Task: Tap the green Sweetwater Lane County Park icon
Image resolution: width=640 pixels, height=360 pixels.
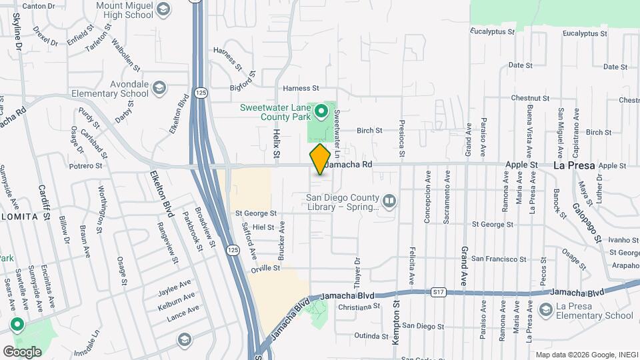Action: (x=321, y=111)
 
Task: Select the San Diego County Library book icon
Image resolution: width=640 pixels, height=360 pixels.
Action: (x=389, y=199)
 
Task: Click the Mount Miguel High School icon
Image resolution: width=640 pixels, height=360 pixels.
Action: (x=164, y=9)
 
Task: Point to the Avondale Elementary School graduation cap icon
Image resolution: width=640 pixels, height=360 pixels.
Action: (x=159, y=88)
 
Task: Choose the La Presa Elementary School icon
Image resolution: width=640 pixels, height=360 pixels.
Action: (x=546, y=309)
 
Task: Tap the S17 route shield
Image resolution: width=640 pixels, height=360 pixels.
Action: (x=437, y=292)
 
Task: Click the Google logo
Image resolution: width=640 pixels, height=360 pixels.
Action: (x=22, y=351)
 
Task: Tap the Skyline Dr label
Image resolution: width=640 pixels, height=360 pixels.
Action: (x=18, y=33)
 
